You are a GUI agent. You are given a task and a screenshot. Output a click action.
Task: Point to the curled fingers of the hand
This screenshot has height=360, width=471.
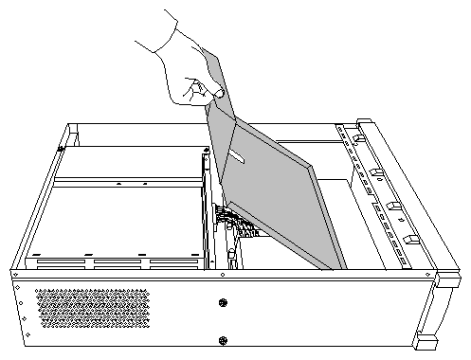(x=194, y=90)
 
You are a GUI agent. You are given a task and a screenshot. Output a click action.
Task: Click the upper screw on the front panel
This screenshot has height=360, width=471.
(x=223, y=303)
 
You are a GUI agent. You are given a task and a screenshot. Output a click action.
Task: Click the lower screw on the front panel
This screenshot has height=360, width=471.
(x=223, y=340)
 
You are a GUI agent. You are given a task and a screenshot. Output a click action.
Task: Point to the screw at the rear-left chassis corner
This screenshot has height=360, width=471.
(x=60, y=147)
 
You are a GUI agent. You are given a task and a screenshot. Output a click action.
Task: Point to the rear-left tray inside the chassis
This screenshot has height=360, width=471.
(x=133, y=161)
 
